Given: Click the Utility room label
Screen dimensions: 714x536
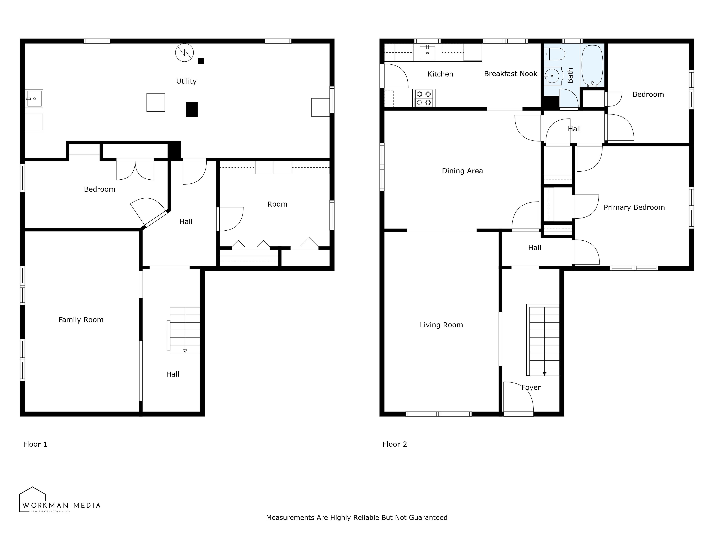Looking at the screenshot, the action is coord(186,81).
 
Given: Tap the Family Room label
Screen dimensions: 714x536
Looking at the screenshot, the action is coord(81,320).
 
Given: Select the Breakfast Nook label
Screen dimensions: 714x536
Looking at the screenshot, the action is coord(511,74).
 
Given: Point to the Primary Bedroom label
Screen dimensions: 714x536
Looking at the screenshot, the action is coord(634,208).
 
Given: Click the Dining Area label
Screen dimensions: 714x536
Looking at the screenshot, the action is coord(462,171).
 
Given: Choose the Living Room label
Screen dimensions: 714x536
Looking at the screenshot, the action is coord(441,325).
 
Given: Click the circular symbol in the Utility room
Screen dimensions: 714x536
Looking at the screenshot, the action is coord(184,53).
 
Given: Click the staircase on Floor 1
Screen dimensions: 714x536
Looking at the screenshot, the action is coord(183,330).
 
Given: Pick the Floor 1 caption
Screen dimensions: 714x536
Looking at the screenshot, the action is coord(35,444).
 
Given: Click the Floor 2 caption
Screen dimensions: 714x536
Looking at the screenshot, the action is coord(395,444).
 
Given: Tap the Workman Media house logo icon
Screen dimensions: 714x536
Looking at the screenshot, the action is coord(32,500).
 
